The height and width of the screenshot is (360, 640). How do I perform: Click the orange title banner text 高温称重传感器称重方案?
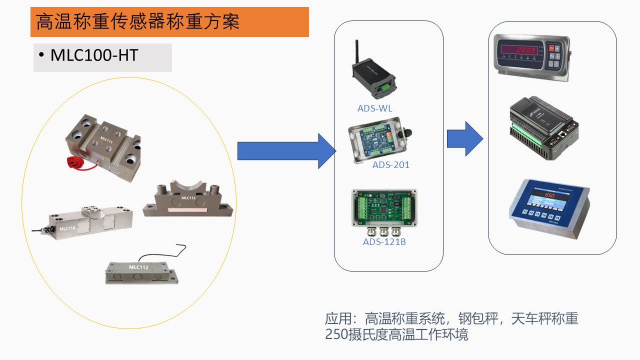[x=138, y=22]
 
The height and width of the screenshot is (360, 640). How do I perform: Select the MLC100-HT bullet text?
[x=94, y=55]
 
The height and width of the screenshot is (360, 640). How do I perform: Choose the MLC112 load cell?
[x=141, y=271]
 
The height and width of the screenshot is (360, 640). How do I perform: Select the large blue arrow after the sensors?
[x=285, y=151]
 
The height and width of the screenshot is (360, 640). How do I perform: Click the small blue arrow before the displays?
[x=464, y=138]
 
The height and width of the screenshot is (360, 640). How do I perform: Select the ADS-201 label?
[x=390, y=164]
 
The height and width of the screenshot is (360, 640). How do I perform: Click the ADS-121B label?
[x=384, y=242]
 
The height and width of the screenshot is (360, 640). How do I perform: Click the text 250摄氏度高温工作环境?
[x=396, y=334]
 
